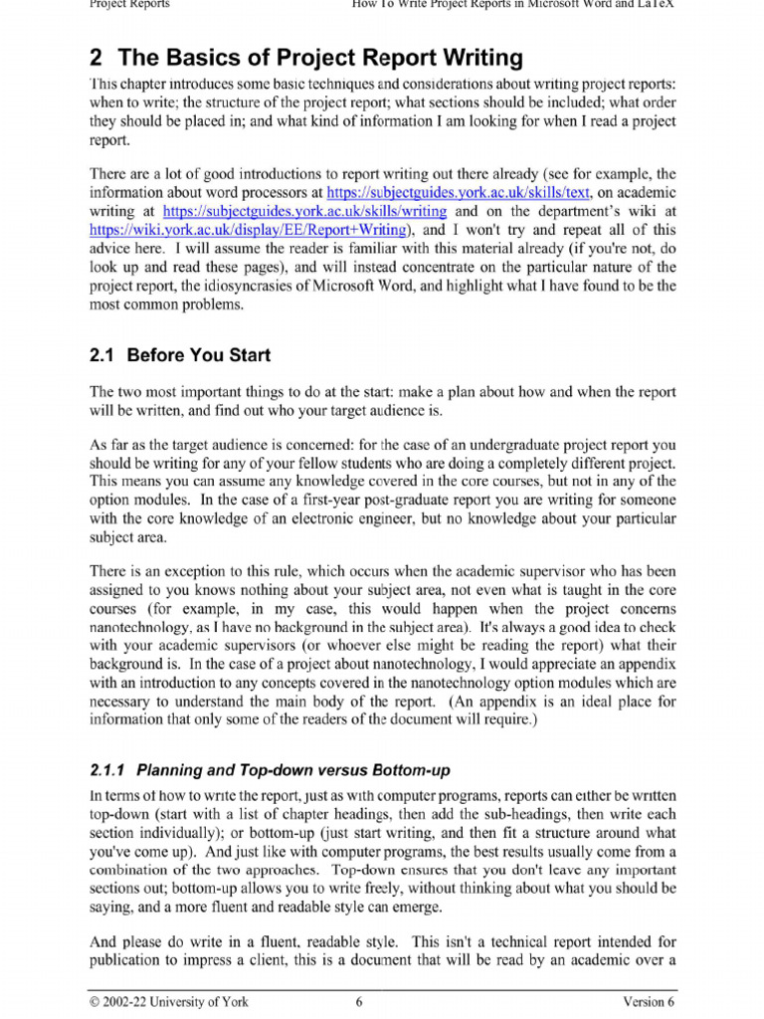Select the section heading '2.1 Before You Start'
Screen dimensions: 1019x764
tap(180, 355)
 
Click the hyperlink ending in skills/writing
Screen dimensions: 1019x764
tap(303, 211)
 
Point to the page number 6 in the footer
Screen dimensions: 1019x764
tap(358, 1002)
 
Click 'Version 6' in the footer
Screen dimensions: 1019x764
tap(649, 1002)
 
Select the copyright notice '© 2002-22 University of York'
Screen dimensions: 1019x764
tap(169, 1002)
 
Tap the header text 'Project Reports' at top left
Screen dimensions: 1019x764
tap(129, 4)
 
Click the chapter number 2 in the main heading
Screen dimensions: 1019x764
tap(97, 58)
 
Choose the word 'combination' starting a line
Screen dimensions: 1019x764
tap(138, 870)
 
